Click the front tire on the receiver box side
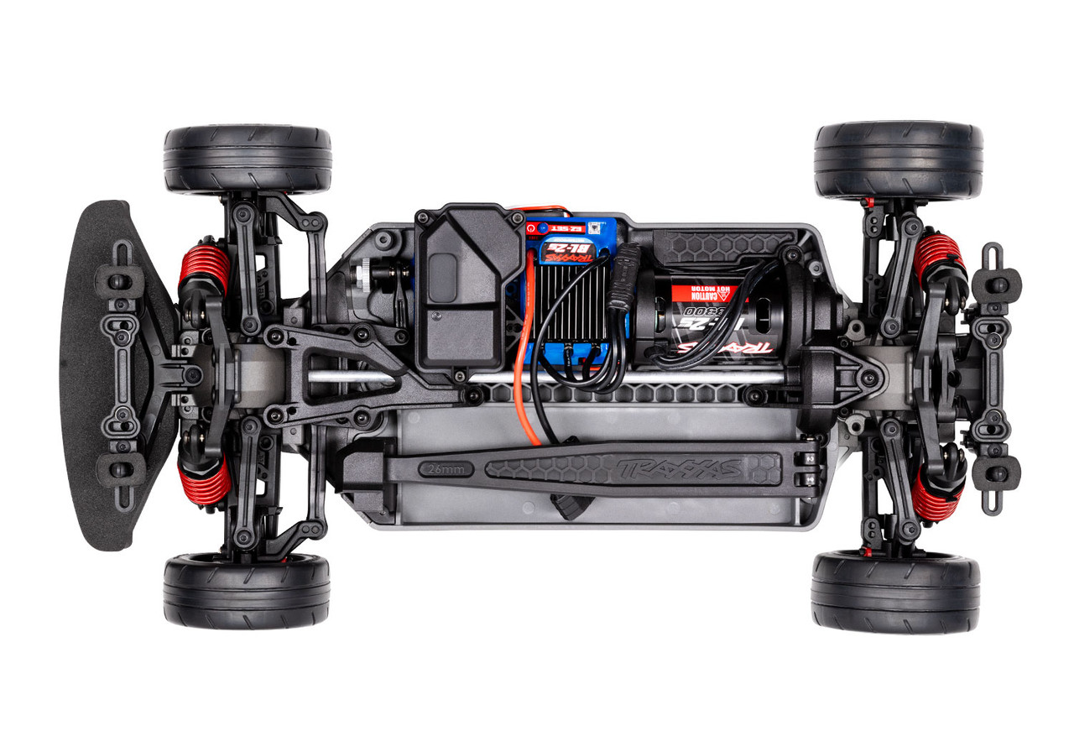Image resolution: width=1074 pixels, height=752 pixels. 248,159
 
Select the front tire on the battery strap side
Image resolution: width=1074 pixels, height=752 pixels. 247,590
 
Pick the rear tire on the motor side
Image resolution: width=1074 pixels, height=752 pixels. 898,160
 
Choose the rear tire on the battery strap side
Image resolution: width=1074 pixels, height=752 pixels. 894,591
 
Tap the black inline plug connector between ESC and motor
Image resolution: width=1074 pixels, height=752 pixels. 625,290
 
